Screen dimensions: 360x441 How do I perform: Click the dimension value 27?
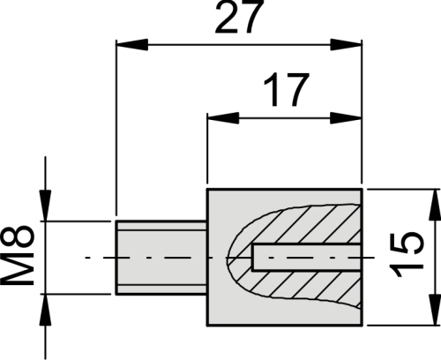[x=241, y=19]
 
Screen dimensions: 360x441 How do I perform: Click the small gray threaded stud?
[x=161, y=258]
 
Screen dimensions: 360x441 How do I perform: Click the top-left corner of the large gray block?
[x=207, y=190]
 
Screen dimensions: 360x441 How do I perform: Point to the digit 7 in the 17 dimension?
[x=298, y=89]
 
